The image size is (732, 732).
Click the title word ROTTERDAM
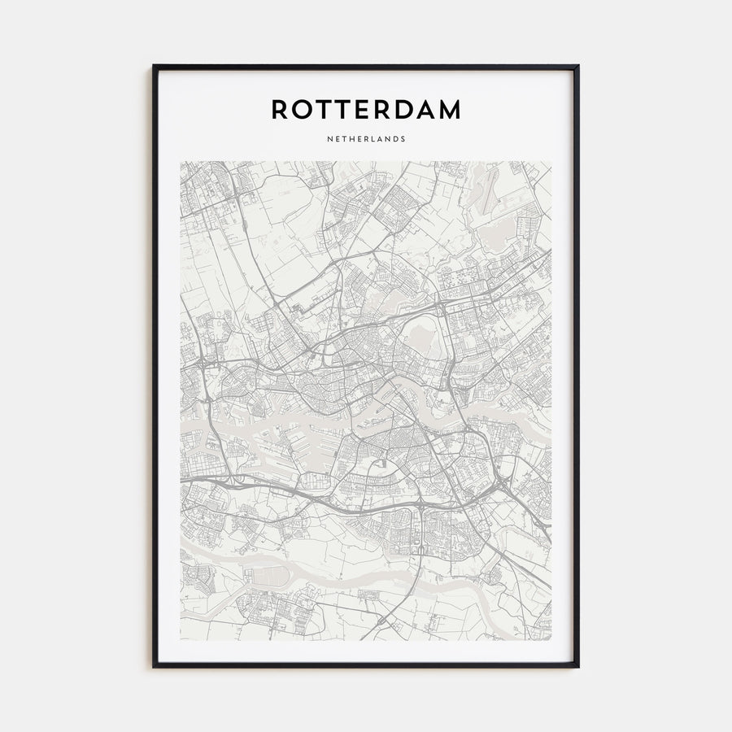[366, 110]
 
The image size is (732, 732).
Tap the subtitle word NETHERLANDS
[366, 138]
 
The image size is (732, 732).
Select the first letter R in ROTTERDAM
[280, 110]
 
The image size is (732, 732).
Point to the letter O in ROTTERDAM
[303, 110]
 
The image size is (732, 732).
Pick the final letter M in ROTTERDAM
[449, 110]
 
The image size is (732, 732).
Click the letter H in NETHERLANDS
[351, 138]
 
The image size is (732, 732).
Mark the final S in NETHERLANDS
[403, 138]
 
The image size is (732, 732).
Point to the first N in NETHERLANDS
[329, 138]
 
